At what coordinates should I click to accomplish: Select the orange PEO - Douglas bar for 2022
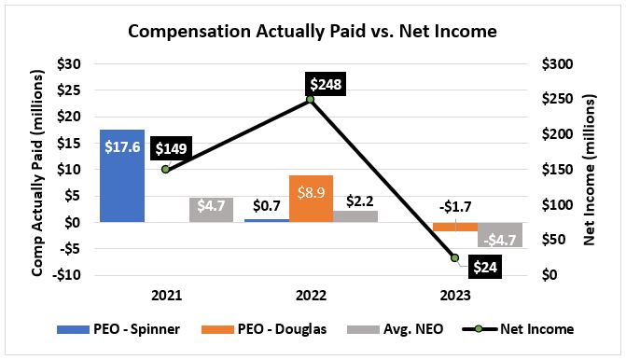(311, 199)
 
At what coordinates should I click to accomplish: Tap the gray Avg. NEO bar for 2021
(211, 210)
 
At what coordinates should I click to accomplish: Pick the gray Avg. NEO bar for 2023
(499, 235)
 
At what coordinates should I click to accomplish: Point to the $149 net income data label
(173, 148)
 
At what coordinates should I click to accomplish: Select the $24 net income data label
(482, 268)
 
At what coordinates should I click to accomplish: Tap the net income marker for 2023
(455, 257)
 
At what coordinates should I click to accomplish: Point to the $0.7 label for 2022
(265, 203)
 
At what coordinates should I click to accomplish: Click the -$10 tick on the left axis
(67, 275)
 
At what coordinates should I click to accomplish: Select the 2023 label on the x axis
(455, 295)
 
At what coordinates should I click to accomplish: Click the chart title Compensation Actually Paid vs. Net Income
(313, 31)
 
